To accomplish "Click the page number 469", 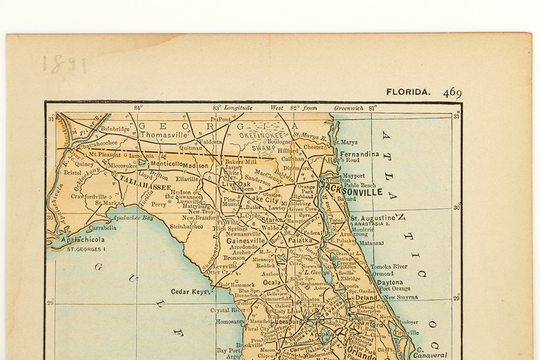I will point(452,93).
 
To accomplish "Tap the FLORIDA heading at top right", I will point(408,92).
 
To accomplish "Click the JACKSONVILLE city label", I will point(352,192).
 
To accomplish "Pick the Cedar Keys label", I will point(188,291).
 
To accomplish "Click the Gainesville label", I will point(246,241).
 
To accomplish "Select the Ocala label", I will point(272,282).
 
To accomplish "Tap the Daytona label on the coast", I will point(389,282).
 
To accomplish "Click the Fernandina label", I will point(359,154).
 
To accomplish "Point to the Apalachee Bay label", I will point(133,218).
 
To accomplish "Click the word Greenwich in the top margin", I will point(348,108).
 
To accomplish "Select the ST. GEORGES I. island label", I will point(86,249).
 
